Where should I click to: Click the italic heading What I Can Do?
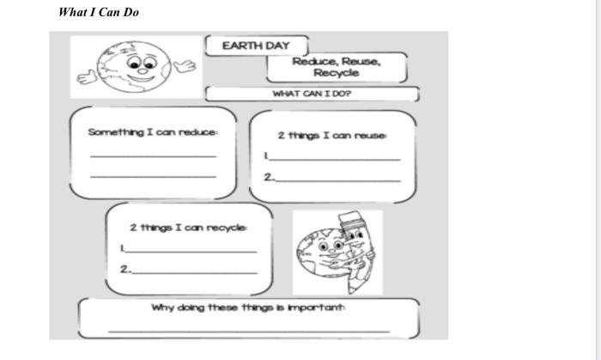click(99, 12)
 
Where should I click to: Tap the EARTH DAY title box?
click(256, 46)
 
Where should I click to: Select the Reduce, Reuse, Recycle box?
click(336, 67)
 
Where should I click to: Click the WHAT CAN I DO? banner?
click(312, 94)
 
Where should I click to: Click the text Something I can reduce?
click(153, 132)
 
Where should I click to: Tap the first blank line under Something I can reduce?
click(153, 156)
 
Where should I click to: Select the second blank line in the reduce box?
click(153, 176)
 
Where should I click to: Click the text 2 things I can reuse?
click(332, 136)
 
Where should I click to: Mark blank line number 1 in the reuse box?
click(335, 160)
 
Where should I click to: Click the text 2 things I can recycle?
click(188, 228)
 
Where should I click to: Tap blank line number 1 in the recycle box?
click(191, 251)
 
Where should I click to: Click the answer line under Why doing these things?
click(248, 330)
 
